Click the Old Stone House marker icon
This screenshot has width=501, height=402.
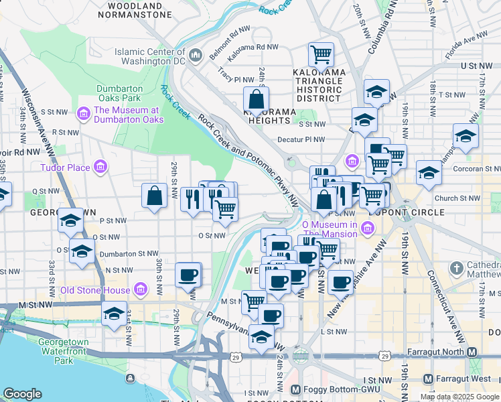pos(140,290)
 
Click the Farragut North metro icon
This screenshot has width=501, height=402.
pos(472,352)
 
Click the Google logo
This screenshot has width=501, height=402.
pos(23,394)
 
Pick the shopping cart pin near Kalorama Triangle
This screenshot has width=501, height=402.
pos(321,54)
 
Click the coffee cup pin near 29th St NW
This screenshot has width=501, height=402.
pos(188,274)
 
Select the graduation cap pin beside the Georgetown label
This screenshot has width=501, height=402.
pos(70,220)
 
